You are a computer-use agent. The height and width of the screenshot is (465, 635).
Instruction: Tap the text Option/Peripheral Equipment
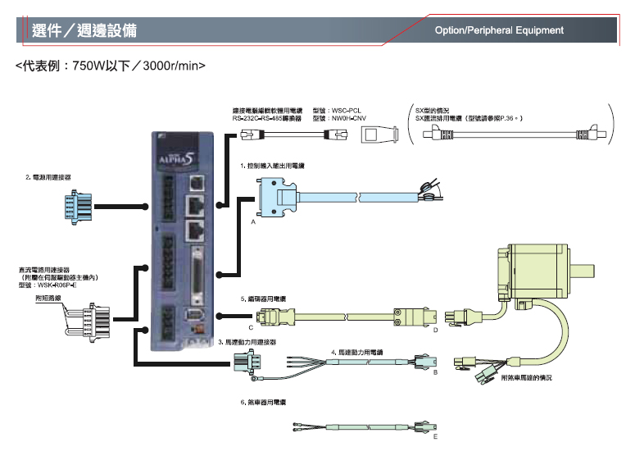click(499, 30)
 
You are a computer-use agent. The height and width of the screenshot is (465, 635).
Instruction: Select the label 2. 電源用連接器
click(48, 177)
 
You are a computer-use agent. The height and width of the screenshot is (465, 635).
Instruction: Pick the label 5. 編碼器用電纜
click(263, 300)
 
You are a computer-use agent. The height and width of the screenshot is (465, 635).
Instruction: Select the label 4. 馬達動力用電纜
click(357, 352)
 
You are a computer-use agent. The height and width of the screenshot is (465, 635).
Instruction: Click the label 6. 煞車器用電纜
click(263, 403)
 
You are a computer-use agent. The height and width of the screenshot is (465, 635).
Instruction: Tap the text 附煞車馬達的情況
click(527, 378)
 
